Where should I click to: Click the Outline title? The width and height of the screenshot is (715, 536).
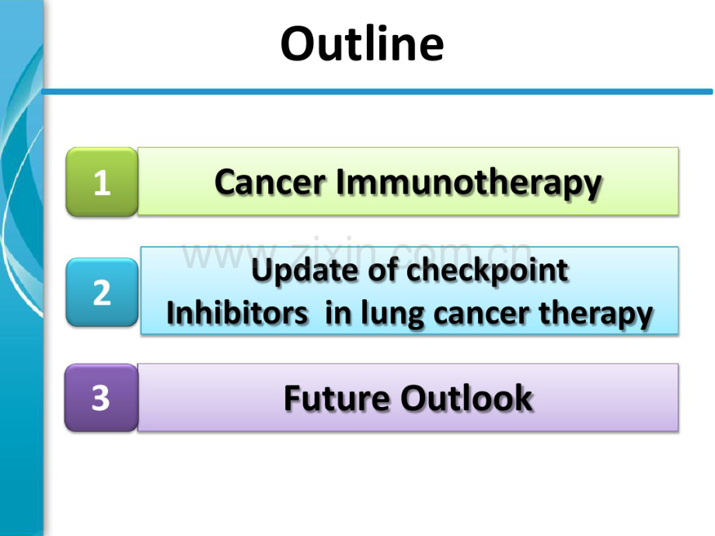point(362,44)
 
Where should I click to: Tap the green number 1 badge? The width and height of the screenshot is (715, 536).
point(102,182)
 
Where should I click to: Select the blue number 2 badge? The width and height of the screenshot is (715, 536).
point(102,292)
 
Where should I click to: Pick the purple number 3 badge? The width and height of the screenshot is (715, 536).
point(101,398)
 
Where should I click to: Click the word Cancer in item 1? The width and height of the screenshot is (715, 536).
point(270,182)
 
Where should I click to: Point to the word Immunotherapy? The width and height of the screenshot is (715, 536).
point(469,183)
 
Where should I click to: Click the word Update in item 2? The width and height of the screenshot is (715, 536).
point(305,271)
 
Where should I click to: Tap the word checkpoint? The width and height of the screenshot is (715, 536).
point(487,271)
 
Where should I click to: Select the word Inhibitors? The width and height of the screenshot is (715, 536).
point(237,313)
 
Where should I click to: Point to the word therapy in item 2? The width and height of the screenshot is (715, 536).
point(596,315)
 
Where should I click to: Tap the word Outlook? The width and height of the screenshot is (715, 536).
point(466,398)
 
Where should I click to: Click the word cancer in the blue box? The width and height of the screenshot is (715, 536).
point(483,315)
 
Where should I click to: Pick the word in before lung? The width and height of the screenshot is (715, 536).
point(337,313)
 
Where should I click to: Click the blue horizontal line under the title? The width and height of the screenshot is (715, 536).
point(377,92)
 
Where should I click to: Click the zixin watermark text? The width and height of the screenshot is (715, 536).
point(357,253)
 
